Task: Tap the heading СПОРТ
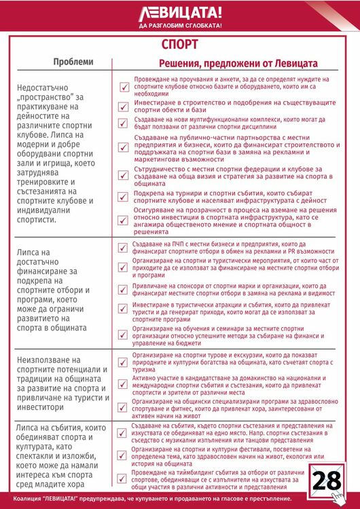180,45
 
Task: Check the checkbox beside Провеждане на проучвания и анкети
124,87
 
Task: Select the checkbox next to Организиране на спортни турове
124,358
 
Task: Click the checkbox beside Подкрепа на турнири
124,197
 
